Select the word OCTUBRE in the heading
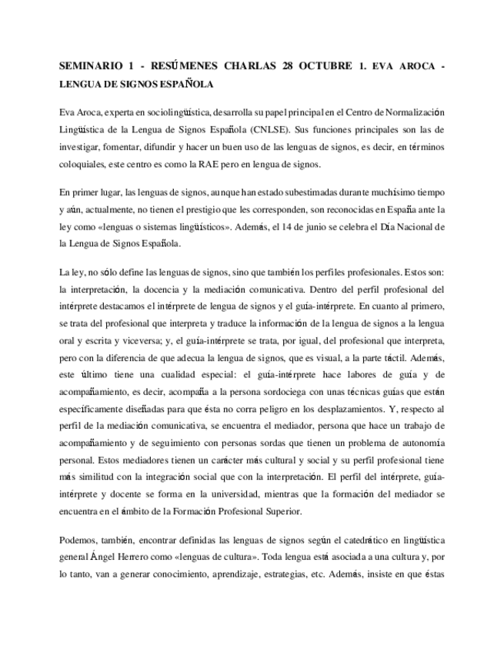point(322,65)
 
